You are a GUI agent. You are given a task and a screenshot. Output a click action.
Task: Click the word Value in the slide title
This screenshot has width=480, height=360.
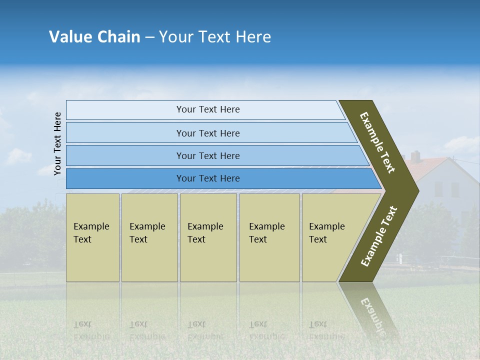70,37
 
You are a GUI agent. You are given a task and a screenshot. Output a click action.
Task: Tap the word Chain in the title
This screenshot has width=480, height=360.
118,37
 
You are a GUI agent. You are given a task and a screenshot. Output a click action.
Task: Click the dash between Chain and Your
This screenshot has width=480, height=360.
149,37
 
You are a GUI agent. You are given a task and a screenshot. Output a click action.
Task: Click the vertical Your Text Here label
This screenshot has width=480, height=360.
57,143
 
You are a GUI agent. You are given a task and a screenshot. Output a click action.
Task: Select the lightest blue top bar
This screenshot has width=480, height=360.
205,110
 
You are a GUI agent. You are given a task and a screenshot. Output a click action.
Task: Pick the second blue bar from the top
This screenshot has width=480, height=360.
210,133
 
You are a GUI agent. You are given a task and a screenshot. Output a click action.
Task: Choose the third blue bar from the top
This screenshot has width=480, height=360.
215,155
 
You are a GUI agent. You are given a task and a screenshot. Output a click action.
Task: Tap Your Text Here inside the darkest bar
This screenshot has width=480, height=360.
208,178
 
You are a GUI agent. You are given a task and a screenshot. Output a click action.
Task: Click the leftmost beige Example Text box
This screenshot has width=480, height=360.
92,237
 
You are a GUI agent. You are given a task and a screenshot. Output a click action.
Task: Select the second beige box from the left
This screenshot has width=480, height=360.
149,237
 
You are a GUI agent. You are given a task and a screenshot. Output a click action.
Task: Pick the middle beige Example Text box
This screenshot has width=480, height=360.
208,237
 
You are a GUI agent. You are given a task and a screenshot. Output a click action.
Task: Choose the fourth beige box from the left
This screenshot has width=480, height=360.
269,237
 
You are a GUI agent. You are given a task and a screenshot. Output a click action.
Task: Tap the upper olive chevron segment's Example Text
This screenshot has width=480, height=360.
377,142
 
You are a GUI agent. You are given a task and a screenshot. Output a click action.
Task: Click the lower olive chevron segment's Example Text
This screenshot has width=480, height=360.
379,236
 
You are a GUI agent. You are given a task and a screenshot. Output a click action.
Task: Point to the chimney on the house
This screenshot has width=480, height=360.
415,156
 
